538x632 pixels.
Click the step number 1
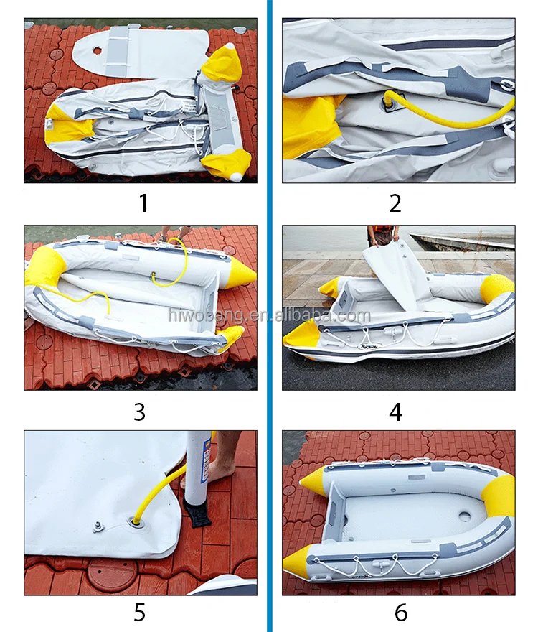[143, 203]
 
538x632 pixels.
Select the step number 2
[395, 203]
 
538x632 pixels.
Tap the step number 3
[139, 412]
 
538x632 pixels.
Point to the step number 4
[395, 412]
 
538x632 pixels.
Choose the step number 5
[139, 613]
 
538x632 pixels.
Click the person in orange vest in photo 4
[382, 236]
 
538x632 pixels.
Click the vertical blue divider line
[269, 316]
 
